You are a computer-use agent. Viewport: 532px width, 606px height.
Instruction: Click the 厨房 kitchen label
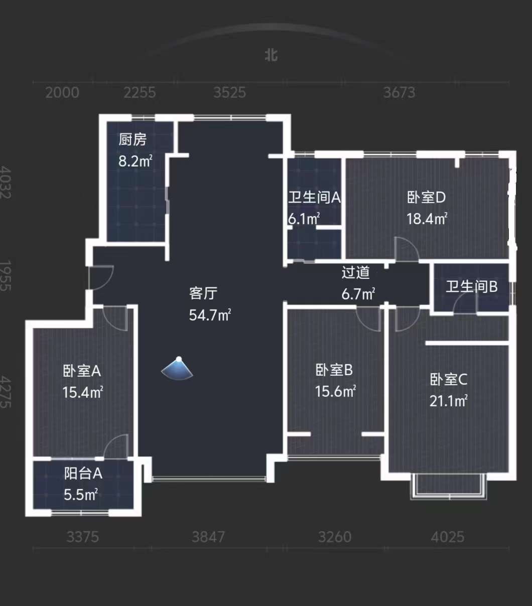click(x=132, y=139)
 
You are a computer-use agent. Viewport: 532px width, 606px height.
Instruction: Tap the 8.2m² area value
click(x=136, y=161)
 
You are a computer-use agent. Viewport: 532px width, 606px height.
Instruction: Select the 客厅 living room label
click(x=203, y=293)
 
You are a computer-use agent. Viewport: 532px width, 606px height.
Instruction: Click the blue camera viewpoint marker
click(x=177, y=369)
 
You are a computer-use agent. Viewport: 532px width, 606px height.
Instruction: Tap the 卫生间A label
click(x=315, y=198)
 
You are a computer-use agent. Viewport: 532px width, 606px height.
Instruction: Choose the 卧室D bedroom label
click(x=427, y=198)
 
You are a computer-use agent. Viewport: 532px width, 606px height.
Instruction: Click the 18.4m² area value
click(x=427, y=219)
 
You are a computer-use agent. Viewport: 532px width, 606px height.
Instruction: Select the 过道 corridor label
click(x=356, y=272)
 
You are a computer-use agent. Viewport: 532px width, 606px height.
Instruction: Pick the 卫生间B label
click(x=472, y=286)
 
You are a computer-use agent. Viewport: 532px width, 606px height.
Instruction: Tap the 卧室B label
click(x=334, y=370)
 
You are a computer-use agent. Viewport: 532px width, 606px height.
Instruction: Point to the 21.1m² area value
click(x=449, y=401)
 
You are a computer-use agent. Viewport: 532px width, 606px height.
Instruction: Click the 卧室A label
click(x=82, y=371)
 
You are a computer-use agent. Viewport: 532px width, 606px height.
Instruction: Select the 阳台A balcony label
click(x=83, y=474)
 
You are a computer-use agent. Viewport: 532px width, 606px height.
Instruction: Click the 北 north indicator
click(x=272, y=55)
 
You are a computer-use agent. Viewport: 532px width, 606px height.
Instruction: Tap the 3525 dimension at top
click(x=229, y=92)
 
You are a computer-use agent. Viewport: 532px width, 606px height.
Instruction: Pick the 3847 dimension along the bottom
click(x=208, y=537)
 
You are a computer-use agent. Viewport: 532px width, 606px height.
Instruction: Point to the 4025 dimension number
click(x=448, y=537)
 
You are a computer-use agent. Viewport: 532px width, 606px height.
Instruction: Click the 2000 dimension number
click(x=62, y=92)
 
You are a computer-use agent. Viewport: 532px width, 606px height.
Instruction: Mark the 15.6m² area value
click(x=335, y=391)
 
